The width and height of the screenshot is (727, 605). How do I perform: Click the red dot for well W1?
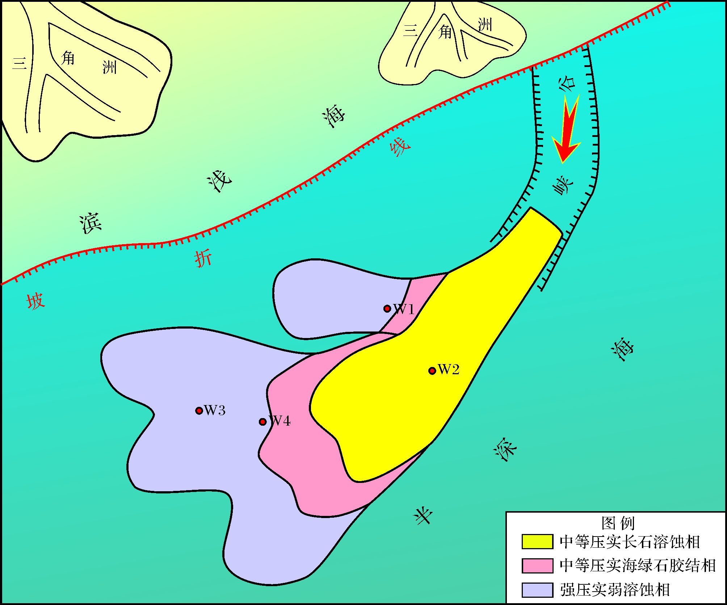(387, 309)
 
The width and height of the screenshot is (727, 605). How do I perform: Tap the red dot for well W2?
(432, 371)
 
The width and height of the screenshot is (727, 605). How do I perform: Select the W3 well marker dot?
(199, 410)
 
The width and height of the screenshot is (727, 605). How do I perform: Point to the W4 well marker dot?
(263, 422)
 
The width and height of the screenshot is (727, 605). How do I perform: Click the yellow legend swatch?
(537, 542)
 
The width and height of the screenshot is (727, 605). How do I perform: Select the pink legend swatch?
(537, 566)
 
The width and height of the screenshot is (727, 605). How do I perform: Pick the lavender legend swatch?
(537, 590)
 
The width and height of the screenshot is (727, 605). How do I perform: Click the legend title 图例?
(618, 523)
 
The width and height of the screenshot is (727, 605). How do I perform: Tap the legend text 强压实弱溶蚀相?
(614, 590)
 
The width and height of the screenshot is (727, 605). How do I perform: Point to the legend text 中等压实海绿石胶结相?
(638, 566)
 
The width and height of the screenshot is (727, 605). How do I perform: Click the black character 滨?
(91, 224)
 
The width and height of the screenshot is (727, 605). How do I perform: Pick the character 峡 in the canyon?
(563, 186)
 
